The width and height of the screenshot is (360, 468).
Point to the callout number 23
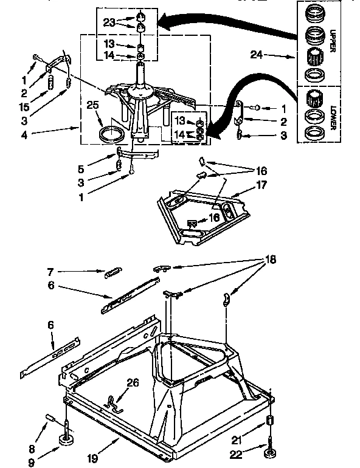point(109,23)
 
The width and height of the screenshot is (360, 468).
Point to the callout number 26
point(132,382)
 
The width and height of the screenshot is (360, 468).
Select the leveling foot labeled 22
point(268,450)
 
